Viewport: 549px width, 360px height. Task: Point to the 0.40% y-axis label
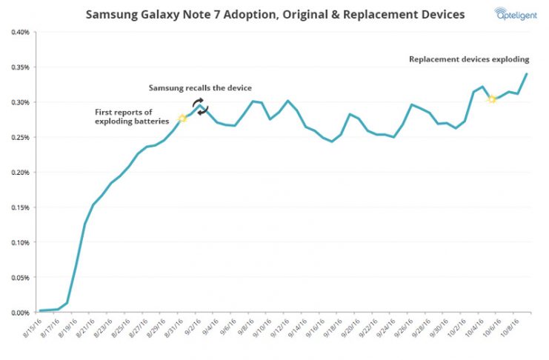[18, 33]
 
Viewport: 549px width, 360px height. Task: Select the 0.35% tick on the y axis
[18, 67]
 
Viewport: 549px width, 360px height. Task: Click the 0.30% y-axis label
[18, 102]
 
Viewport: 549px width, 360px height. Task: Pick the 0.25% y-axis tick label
[18, 138]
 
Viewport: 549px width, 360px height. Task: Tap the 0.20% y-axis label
[18, 173]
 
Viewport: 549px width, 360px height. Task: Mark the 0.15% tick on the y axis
[18, 207]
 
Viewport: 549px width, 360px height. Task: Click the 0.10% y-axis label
[18, 242]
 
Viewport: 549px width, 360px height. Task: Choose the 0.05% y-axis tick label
[18, 278]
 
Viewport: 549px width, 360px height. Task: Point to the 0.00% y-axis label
[18, 313]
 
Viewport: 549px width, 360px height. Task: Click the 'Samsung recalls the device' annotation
[200, 88]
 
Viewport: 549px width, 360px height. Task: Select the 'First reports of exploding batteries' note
[130, 116]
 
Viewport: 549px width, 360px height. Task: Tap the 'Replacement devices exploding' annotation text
[469, 59]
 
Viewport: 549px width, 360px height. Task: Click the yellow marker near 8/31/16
[182, 119]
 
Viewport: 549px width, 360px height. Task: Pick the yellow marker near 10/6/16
[492, 99]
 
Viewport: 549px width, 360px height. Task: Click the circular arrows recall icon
[201, 106]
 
